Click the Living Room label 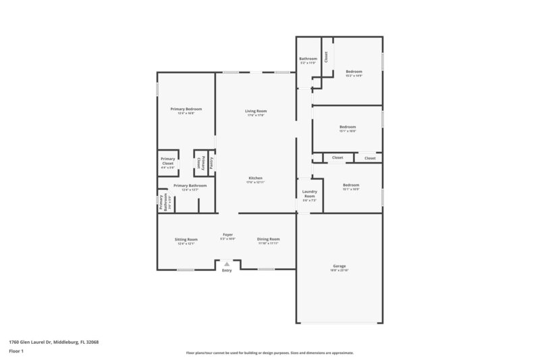coord(255,112)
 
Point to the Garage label coord(340,267)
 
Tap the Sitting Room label coord(186,240)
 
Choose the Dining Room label coord(268,240)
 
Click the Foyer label coord(228,236)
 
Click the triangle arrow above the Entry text coord(227,264)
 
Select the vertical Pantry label coord(212,163)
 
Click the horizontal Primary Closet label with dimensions coord(167,163)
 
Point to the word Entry coord(227,271)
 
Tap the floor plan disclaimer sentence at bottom coord(270,353)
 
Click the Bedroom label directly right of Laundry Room coord(351,186)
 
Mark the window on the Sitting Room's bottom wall coord(186,269)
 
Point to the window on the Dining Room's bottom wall coord(266,269)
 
